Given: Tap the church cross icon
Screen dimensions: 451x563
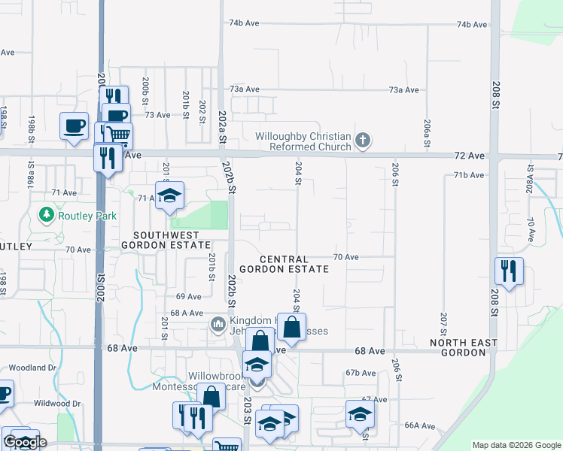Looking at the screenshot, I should [x=363, y=140].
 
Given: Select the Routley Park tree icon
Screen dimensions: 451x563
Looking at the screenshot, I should [x=46, y=216].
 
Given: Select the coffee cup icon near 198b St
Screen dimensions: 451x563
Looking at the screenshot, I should [x=74, y=126].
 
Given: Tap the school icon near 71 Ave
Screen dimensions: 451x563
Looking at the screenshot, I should [x=170, y=195].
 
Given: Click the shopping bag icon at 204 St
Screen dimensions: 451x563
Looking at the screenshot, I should [x=291, y=327].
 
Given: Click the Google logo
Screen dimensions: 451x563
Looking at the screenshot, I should [x=25, y=442].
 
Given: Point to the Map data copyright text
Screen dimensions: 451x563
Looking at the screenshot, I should [x=516, y=445].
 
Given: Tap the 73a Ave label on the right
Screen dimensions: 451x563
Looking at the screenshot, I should [x=403, y=89].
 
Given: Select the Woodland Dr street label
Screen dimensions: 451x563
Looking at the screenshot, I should [x=32, y=368].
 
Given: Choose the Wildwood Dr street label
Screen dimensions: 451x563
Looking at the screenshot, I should [x=56, y=404].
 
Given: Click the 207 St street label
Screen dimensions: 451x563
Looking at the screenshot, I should [x=443, y=324].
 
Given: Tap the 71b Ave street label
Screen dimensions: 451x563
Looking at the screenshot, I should [x=468, y=175].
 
